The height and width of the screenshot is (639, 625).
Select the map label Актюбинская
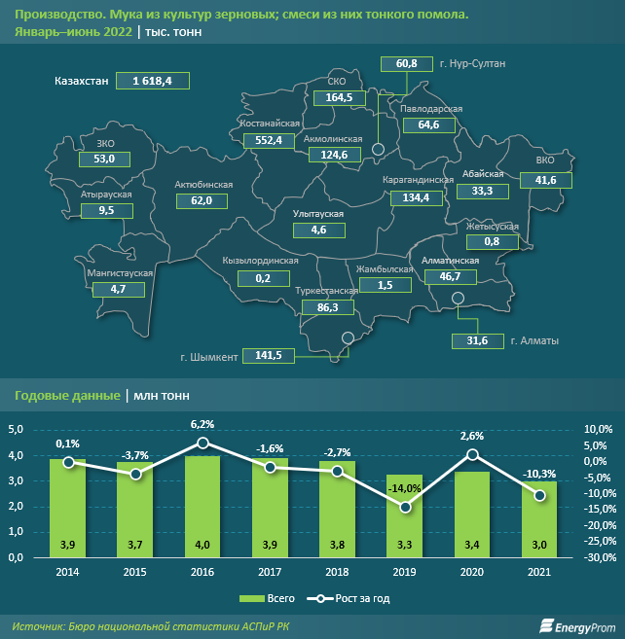(x=202, y=184)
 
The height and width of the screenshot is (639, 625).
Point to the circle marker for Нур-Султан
(x=380, y=149)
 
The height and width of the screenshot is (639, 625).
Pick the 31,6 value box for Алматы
(x=477, y=340)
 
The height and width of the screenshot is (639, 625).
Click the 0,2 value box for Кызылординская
(x=263, y=278)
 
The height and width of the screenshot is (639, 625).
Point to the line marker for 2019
(x=404, y=507)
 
